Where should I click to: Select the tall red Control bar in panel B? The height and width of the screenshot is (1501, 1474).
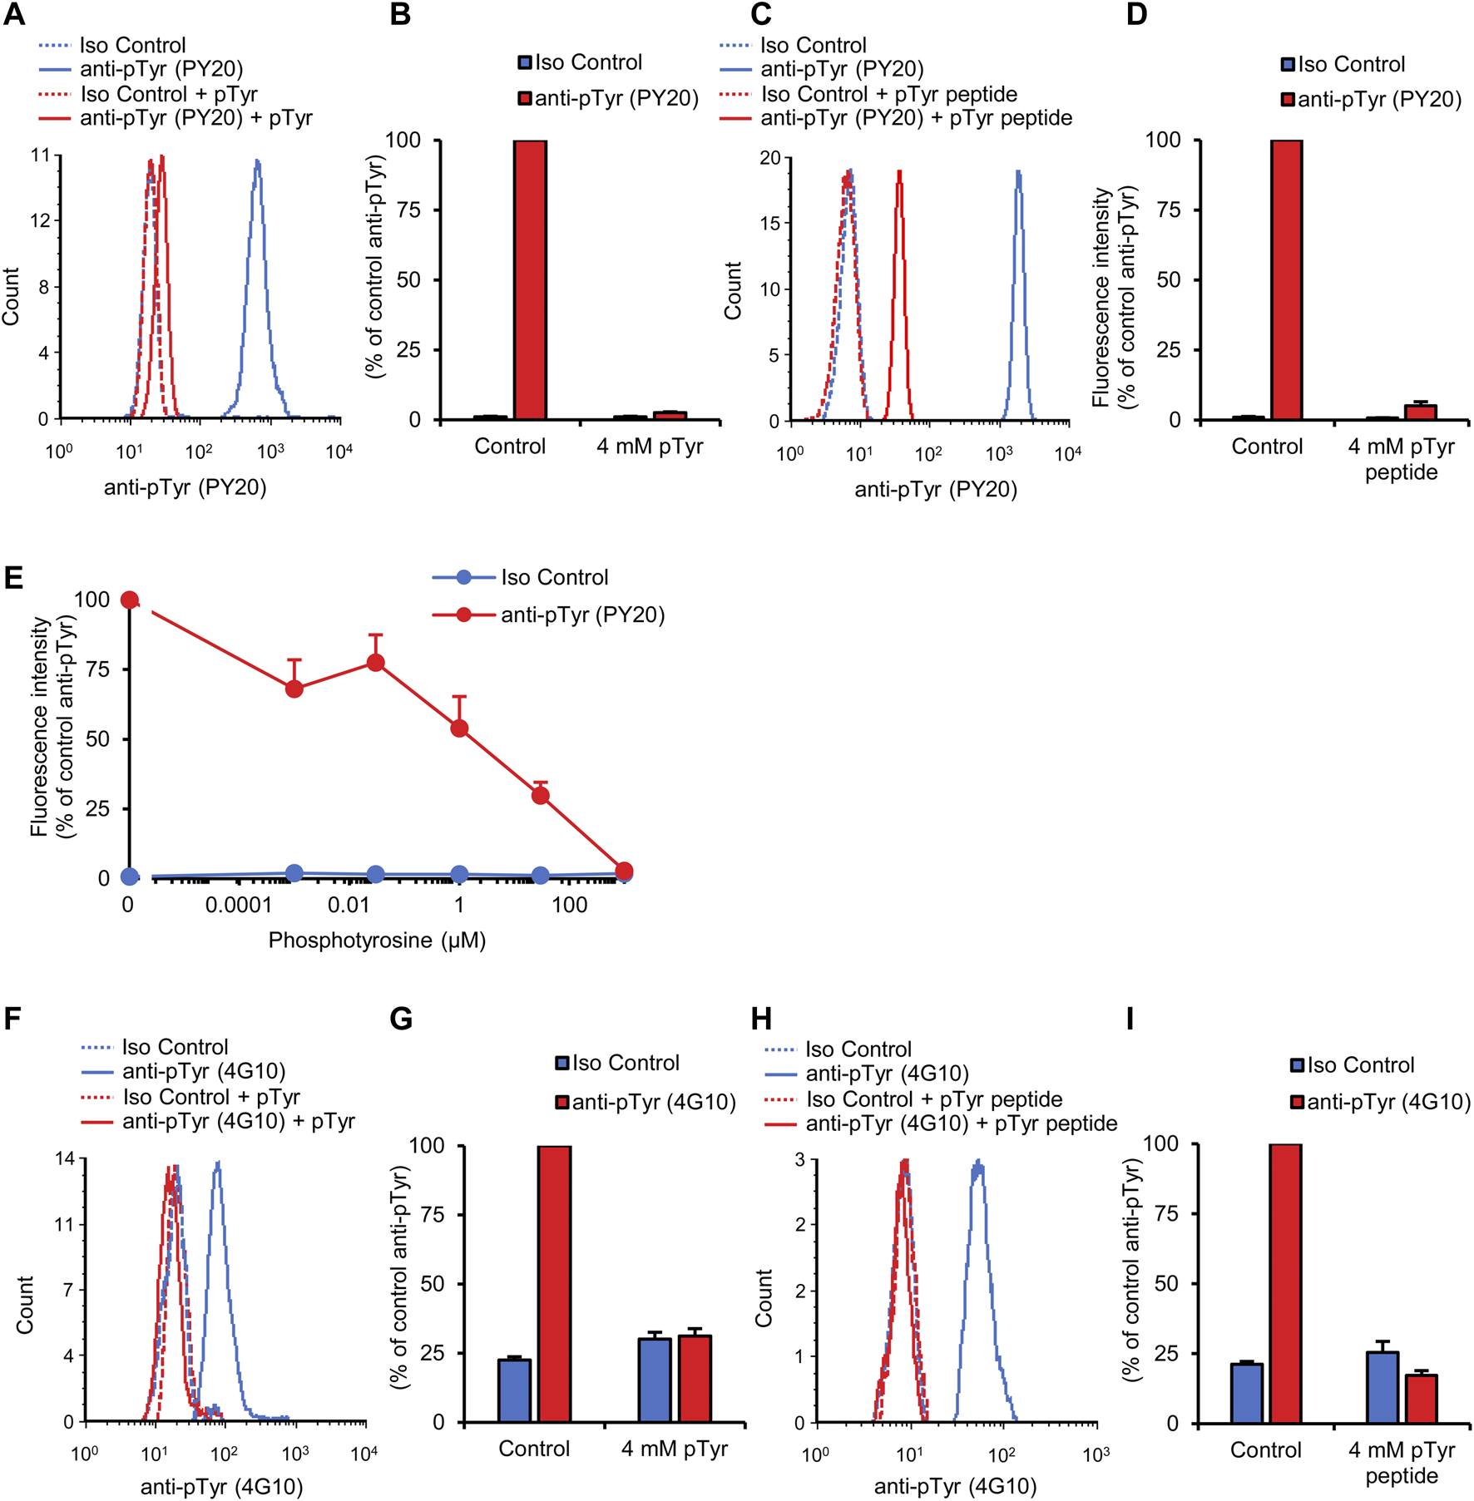point(530,279)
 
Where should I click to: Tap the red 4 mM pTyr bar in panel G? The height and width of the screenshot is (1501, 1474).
point(695,1378)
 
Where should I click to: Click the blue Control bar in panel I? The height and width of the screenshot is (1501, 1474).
point(1247,1394)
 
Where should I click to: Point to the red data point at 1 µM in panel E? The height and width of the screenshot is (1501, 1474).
point(458,728)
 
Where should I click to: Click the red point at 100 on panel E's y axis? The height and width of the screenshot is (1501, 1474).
point(129,600)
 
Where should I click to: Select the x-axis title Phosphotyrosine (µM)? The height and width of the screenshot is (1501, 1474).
point(377,941)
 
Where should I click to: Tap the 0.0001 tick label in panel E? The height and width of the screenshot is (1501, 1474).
point(239,905)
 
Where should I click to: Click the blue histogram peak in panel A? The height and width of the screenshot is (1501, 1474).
point(258,164)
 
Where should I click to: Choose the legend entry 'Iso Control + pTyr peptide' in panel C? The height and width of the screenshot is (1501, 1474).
point(888,94)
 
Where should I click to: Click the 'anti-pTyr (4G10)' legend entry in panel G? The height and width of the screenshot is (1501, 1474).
point(654,1103)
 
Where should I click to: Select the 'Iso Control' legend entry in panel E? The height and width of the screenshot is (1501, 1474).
point(554,577)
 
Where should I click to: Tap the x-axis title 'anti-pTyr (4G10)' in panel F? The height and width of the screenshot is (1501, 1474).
point(221,1486)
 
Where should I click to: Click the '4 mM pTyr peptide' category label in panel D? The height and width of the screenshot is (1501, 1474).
point(1401,459)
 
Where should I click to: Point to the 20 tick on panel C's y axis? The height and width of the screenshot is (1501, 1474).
point(769,158)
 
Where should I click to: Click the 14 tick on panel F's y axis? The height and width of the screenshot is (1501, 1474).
point(65,1158)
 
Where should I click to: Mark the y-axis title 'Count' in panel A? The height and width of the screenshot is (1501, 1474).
point(11,296)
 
